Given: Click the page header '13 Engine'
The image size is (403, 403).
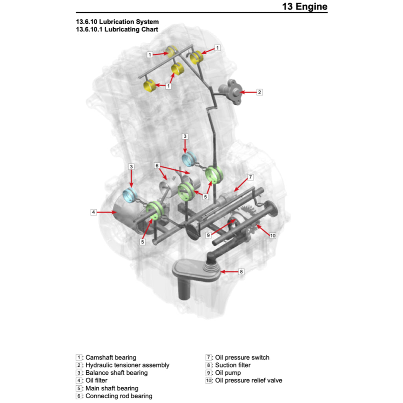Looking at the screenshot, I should click(x=305, y=7).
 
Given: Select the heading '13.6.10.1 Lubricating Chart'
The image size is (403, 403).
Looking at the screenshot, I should click(x=117, y=30).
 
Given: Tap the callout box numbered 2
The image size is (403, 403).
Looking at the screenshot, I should click(x=259, y=92).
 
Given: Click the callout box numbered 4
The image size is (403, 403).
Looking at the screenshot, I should click(x=93, y=212).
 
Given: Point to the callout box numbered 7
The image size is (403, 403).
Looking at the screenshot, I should click(x=250, y=177).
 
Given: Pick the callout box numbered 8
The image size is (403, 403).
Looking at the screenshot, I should click(x=241, y=271).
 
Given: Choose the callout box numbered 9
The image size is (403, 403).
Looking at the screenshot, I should click(x=209, y=235).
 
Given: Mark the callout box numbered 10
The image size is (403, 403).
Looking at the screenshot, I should click(x=273, y=235).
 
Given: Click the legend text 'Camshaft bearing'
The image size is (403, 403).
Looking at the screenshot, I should click(x=111, y=357).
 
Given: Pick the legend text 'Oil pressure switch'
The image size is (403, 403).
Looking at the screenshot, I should click(x=242, y=357).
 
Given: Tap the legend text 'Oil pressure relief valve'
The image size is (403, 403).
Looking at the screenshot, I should click(x=248, y=380).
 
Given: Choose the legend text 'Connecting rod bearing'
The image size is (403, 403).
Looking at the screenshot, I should click(x=119, y=396).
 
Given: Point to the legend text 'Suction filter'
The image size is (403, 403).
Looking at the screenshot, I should click(x=233, y=365).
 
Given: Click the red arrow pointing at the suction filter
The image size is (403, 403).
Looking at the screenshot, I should click(x=229, y=271).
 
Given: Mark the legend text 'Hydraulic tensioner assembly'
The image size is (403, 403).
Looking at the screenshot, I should click(x=128, y=365).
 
